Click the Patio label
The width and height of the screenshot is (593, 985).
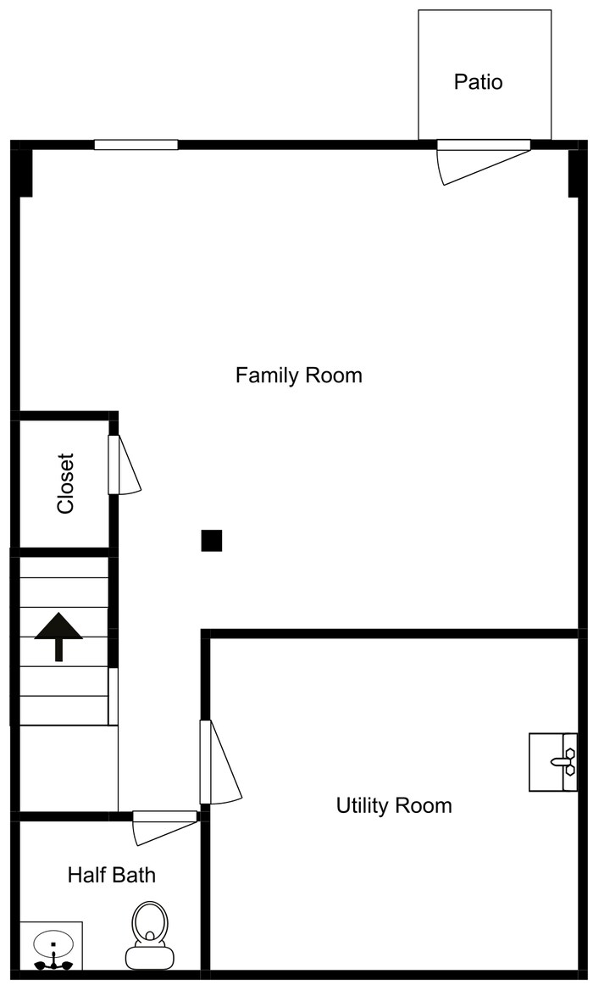coord(478,82)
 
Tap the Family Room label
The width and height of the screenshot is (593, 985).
coord(298,375)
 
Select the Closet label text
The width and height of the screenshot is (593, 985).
coord(65,483)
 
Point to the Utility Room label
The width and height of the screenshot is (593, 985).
coord(394,804)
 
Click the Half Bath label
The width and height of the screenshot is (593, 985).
coord(111,874)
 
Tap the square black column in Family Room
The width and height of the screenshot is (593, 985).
coord(211,541)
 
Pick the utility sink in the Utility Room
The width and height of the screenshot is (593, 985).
coord(552,762)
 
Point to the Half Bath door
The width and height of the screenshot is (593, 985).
coord(164,824)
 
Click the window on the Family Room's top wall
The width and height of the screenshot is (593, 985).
coord(136,145)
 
